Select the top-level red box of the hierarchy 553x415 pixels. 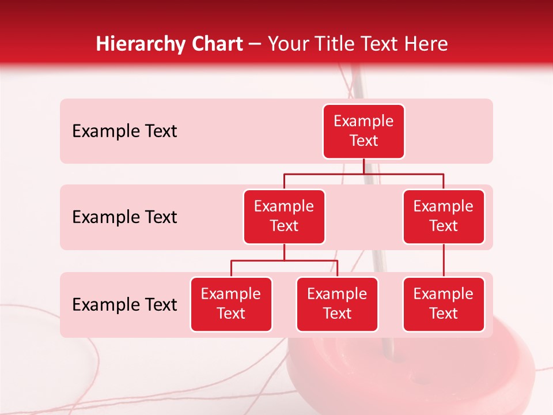[x=363, y=131]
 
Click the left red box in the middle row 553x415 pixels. [x=284, y=217]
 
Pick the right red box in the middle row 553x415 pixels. [x=444, y=217]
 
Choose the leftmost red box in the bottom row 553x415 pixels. [x=231, y=304]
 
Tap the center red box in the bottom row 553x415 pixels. [x=337, y=304]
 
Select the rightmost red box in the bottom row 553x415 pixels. [x=444, y=304]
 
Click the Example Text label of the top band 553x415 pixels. [x=124, y=131]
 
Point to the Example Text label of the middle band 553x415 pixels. [x=124, y=217]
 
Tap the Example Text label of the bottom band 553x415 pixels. [x=124, y=305]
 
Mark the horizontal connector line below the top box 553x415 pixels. [x=403, y=173]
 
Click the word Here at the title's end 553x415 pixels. [x=427, y=44]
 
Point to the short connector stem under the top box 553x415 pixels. [x=363, y=166]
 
